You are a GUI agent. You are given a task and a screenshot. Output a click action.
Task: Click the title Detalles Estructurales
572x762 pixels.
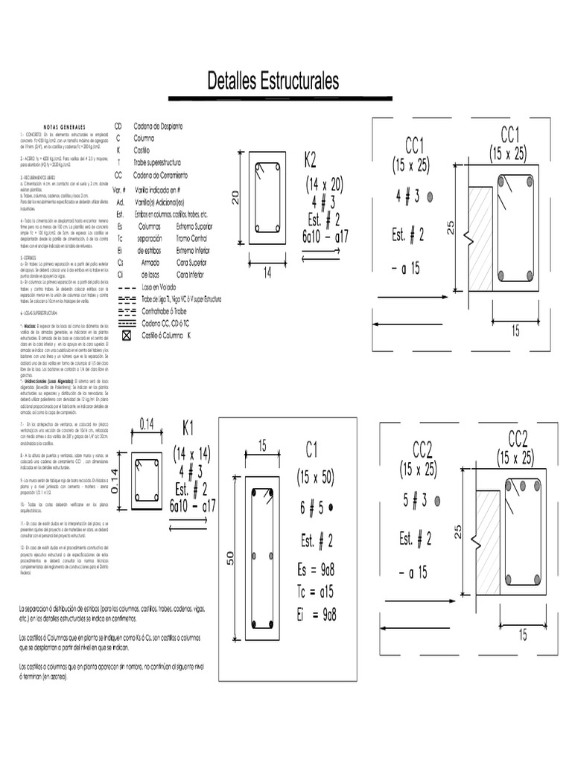click(x=273, y=80)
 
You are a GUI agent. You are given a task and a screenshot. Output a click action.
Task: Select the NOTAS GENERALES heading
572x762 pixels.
click(x=66, y=127)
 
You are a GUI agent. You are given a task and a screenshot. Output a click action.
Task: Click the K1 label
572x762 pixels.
click(x=188, y=429)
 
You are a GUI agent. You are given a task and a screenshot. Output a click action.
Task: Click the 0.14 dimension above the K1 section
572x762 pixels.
click(x=147, y=425)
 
